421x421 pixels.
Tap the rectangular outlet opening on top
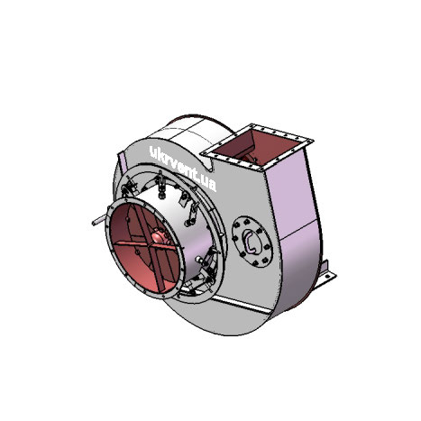pos(262,146)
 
